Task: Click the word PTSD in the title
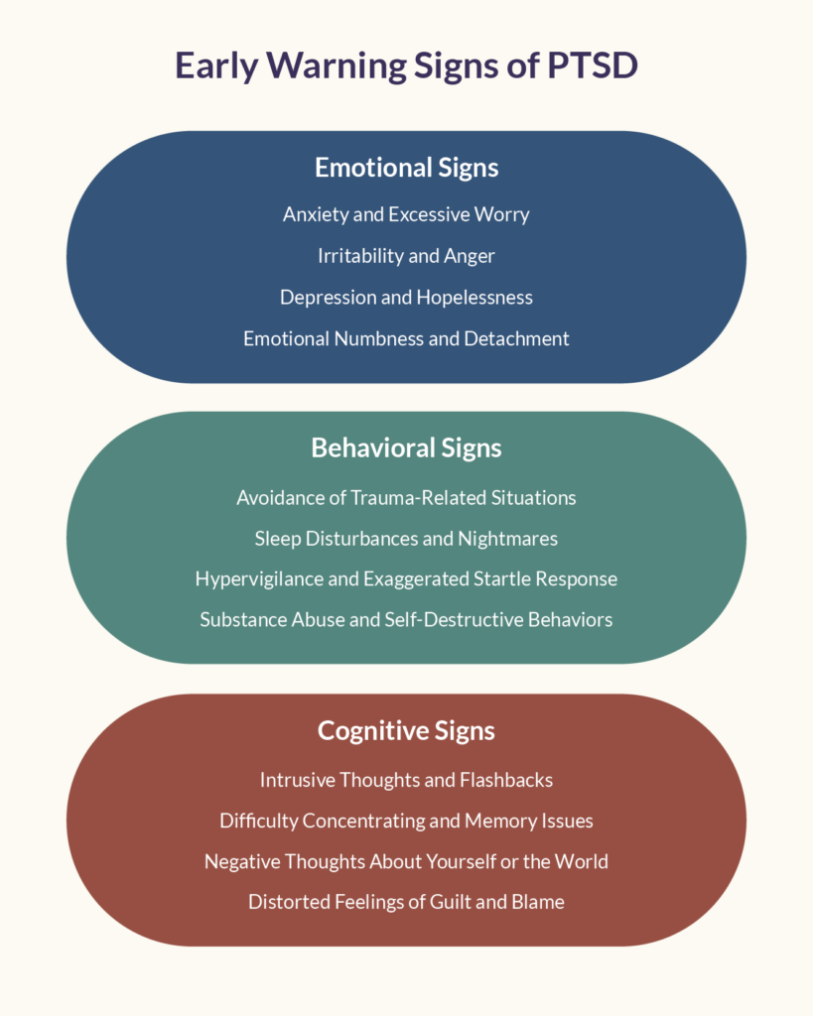[x=593, y=65]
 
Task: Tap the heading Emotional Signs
[x=407, y=168]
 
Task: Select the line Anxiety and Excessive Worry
[x=406, y=214]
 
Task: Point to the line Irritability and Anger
[x=406, y=256]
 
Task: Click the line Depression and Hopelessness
[x=406, y=298]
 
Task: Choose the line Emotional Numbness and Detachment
[x=406, y=338]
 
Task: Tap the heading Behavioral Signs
[x=407, y=447]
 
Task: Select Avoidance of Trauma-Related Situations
[x=406, y=498]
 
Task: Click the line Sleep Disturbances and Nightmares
[x=406, y=539]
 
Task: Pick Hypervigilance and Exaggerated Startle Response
[x=406, y=579]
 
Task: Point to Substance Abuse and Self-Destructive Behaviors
[x=406, y=620]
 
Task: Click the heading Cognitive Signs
[x=407, y=731]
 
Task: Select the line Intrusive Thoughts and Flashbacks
[x=406, y=780]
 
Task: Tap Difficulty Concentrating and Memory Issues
[x=406, y=821]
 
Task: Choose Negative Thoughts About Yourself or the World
[x=406, y=862]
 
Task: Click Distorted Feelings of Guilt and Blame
[x=406, y=902]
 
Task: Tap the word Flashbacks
[x=505, y=780]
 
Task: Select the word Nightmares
[x=507, y=539]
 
